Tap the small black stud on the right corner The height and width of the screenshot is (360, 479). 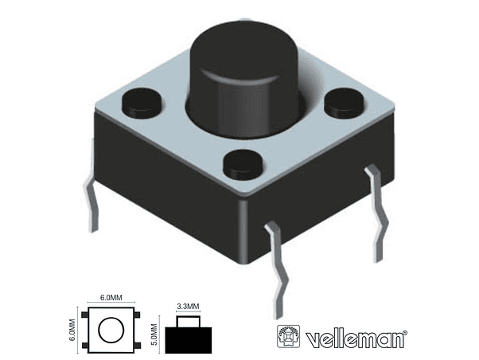(345, 99)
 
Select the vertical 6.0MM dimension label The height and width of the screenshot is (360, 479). (73, 330)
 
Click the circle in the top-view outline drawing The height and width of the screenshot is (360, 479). (111, 330)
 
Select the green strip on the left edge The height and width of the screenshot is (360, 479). (29, 180)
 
